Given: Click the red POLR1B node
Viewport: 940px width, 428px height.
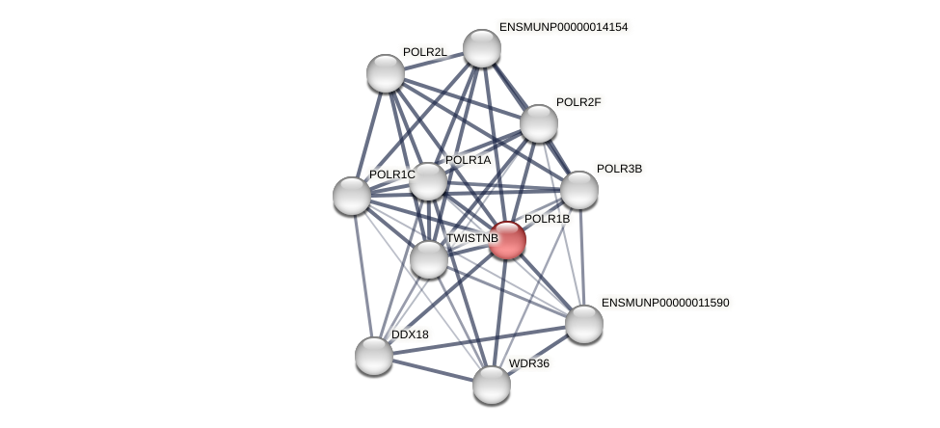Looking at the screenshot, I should (x=506, y=240).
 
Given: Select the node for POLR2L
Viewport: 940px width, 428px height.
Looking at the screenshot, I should (x=386, y=73).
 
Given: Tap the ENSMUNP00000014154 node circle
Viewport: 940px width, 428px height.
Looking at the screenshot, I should (x=482, y=48).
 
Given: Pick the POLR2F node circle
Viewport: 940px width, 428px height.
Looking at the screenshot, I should (x=539, y=123).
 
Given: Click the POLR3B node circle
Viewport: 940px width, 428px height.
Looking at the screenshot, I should (x=579, y=190).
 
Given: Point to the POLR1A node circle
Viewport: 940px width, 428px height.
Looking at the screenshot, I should (x=428, y=181).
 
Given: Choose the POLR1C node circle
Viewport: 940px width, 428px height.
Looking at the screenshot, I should (x=352, y=196).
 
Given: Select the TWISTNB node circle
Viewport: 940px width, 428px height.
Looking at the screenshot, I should (x=429, y=259).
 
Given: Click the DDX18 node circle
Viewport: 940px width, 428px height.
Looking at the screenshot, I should (x=374, y=356).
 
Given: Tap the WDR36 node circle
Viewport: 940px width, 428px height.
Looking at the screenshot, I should (x=492, y=385).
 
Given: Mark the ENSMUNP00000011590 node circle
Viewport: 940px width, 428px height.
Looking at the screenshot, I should (x=584, y=324).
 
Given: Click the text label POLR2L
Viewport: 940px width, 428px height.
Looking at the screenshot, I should (x=424, y=52).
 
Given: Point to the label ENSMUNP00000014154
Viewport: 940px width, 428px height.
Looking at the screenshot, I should (x=563, y=27).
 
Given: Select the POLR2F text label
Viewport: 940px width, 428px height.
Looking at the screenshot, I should (x=578, y=102).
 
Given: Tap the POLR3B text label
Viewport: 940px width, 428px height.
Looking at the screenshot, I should (x=619, y=169).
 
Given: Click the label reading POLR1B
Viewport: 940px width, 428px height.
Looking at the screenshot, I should (x=547, y=219).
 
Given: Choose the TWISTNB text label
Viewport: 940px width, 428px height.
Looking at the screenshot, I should (x=471, y=238).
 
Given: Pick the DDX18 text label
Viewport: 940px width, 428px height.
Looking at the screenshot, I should (x=410, y=334).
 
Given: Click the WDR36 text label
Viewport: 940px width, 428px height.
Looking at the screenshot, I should (x=529, y=363).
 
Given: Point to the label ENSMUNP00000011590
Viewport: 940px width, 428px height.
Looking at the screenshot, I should (x=665, y=303).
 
